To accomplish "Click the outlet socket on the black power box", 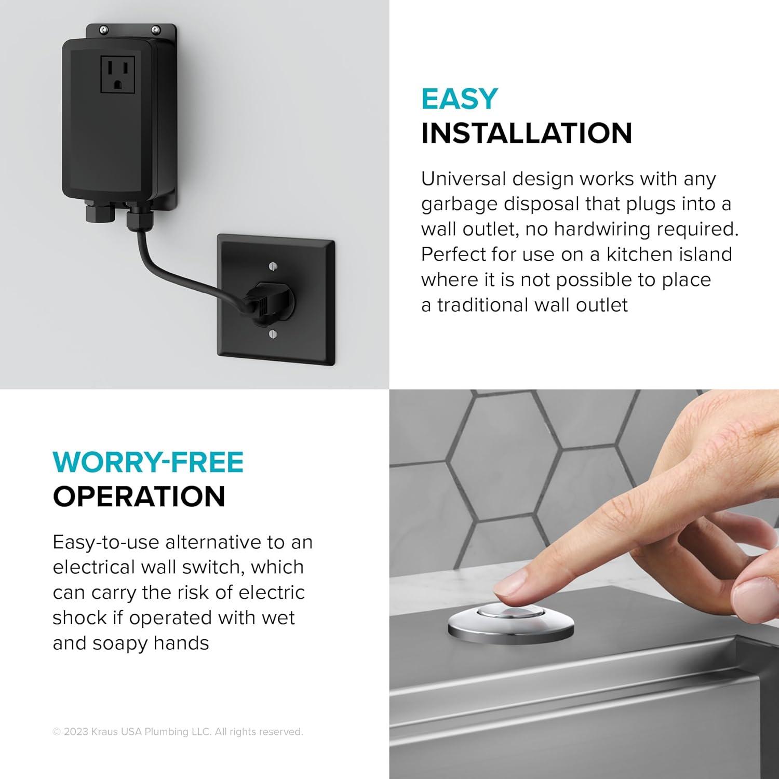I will click(x=117, y=75).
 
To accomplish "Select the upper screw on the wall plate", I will click(x=274, y=266).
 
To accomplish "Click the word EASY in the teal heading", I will click(x=459, y=99).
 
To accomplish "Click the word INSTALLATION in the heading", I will click(x=526, y=133).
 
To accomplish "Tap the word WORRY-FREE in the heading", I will click(x=148, y=462).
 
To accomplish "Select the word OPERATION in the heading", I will click(x=139, y=496).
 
